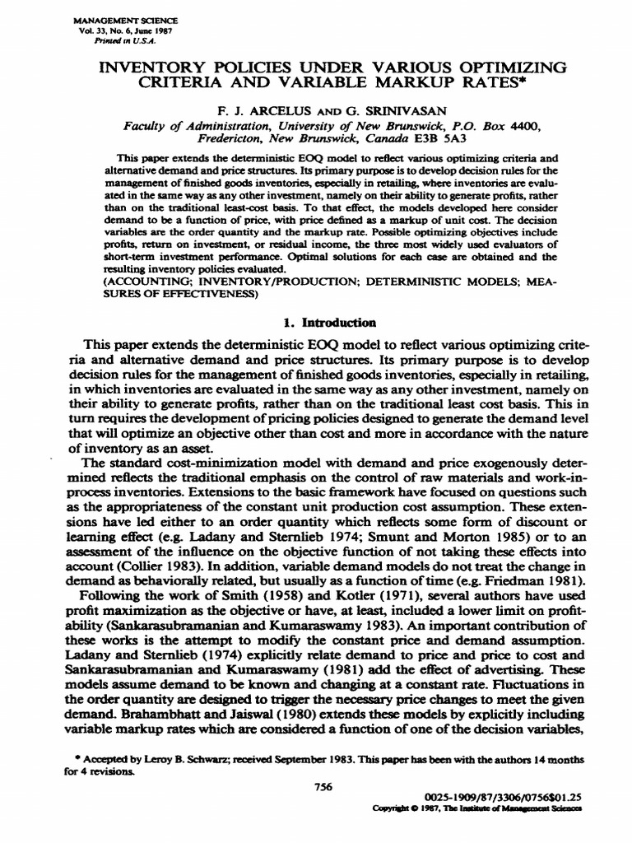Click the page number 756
pos(323,787)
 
